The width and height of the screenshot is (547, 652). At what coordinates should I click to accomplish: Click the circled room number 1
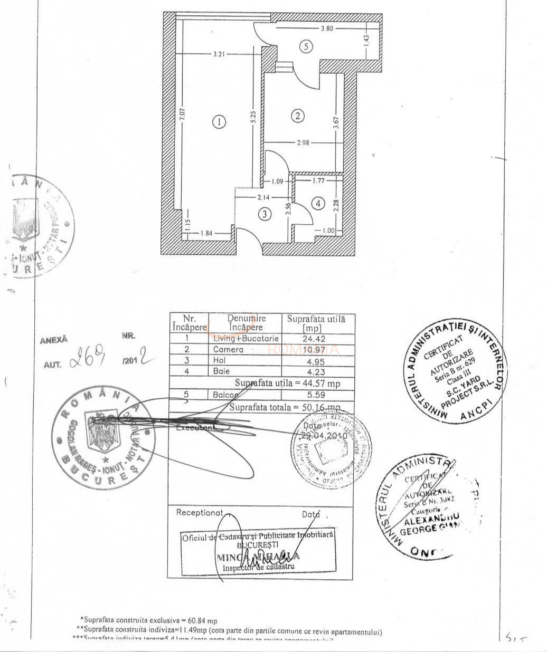pos(219,122)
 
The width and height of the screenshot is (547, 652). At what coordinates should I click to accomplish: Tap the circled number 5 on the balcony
pos(306,46)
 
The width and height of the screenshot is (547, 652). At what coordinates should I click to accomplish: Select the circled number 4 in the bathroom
pos(318,203)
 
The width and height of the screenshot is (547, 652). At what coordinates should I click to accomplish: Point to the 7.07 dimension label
pos(182,116)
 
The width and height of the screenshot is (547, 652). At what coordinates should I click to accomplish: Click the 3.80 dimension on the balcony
pos(327,28)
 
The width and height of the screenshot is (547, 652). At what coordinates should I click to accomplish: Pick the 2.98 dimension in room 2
pos(303,142)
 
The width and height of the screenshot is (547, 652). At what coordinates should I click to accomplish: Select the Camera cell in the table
pos(228,349)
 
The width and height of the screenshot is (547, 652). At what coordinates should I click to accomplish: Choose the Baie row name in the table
pos(221,371)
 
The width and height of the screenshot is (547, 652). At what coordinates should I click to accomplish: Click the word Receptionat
pos(200,512)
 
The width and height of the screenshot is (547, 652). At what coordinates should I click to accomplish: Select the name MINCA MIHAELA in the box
pos(258,556)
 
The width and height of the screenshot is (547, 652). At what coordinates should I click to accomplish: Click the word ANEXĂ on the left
pos(54,340)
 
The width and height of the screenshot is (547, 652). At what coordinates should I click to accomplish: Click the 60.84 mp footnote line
pos(149,621)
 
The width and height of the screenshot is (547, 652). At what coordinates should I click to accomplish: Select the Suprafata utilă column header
pos(316,323)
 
